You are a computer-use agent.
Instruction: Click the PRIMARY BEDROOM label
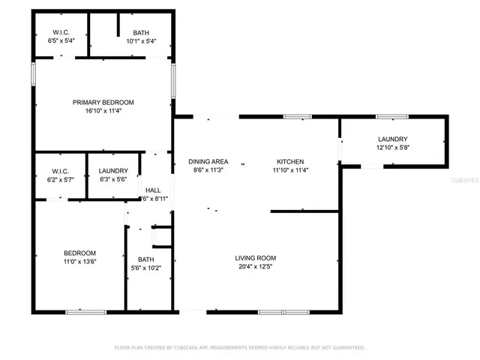tap(103, 102)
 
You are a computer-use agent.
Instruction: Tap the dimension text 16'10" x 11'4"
tap(103, 111)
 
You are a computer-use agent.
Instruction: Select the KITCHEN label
tap(290, 161)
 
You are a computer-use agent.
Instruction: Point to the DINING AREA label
tap(208, 161)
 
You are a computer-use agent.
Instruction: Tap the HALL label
tap(153, 190)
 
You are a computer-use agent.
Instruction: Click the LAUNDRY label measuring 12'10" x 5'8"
tap(392, 139)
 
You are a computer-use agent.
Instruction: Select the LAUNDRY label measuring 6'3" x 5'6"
tap(113, 171)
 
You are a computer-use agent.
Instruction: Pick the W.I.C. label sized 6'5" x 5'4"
tap(61, 32)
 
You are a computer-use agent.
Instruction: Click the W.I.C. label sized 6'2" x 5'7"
tap(61, 171)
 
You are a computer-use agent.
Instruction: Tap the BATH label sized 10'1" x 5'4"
tap(140, 32)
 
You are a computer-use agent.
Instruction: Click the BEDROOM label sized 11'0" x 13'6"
tap(79, 253)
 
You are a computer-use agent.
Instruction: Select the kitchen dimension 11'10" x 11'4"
tap(290, 170)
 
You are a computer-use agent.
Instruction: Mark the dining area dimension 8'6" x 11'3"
tap(208, 170)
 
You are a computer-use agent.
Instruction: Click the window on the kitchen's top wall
tap(297, 116)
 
